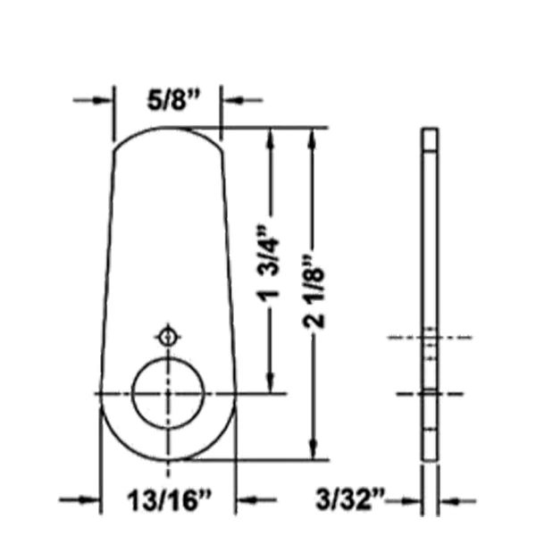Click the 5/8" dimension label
point(173,100)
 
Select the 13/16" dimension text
point(170,500)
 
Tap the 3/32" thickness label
point(350,499)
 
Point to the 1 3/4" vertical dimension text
point(269,264)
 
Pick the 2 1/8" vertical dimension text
point(314,291)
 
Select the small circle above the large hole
point(168,338)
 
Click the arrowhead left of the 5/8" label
point(102,100)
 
